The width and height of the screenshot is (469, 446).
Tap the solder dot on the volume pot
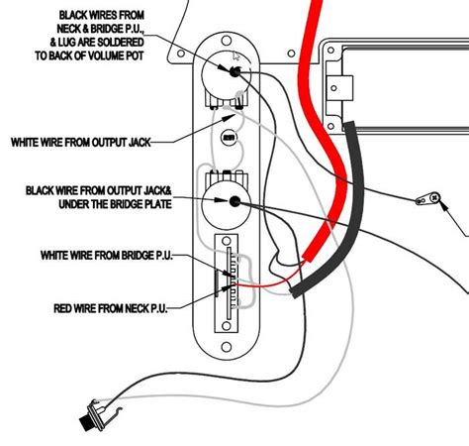(234, 71)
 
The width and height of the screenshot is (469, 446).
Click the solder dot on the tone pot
(234, 201)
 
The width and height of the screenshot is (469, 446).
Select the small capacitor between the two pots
(230, 137)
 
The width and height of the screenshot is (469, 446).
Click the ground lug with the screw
(428, 199)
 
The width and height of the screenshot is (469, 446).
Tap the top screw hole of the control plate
(227, 41)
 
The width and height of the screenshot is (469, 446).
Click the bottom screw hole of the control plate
(227, 347)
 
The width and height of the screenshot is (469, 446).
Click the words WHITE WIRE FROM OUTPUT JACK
(81, 143)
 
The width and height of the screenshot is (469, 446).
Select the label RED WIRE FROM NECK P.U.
(111, 308)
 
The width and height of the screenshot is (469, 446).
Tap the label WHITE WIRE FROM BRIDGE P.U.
(107, 256)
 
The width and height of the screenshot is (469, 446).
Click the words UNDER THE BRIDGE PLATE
(115, 204)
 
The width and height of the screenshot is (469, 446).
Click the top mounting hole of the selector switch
(227, 241)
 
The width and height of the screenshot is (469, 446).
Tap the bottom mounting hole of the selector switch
(227, 326)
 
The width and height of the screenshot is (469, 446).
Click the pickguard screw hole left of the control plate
(181, 54)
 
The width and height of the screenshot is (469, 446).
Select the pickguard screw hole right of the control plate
(291, 54)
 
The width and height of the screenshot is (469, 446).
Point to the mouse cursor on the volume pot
(236, 56)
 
